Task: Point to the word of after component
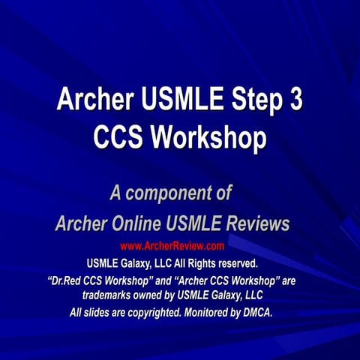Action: (220, 193)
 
